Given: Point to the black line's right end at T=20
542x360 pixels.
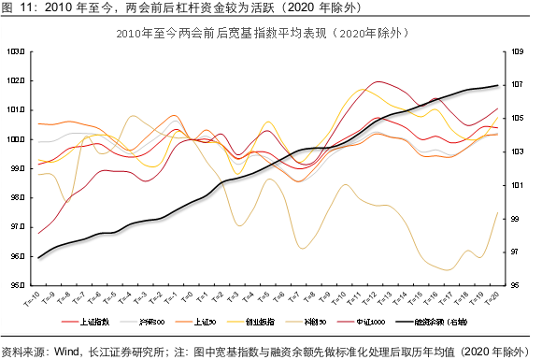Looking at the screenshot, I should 497,85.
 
